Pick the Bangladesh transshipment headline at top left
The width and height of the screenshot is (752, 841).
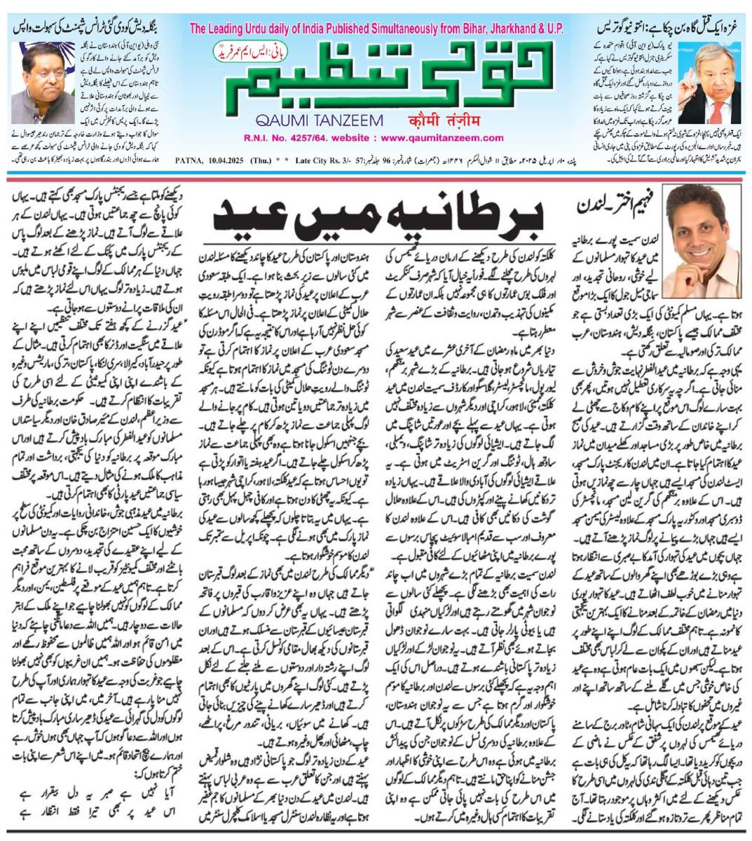point(84,30)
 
